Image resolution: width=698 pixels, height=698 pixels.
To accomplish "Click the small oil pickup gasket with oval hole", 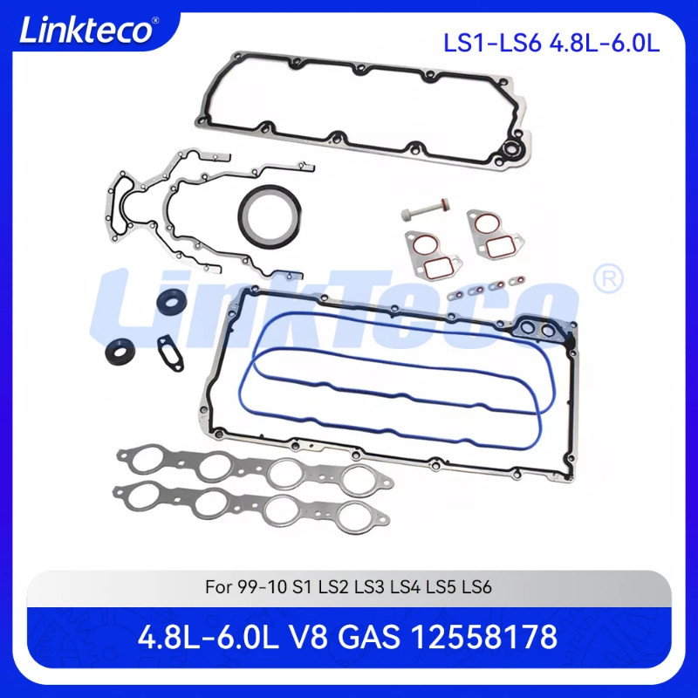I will (x=172, y=353).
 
